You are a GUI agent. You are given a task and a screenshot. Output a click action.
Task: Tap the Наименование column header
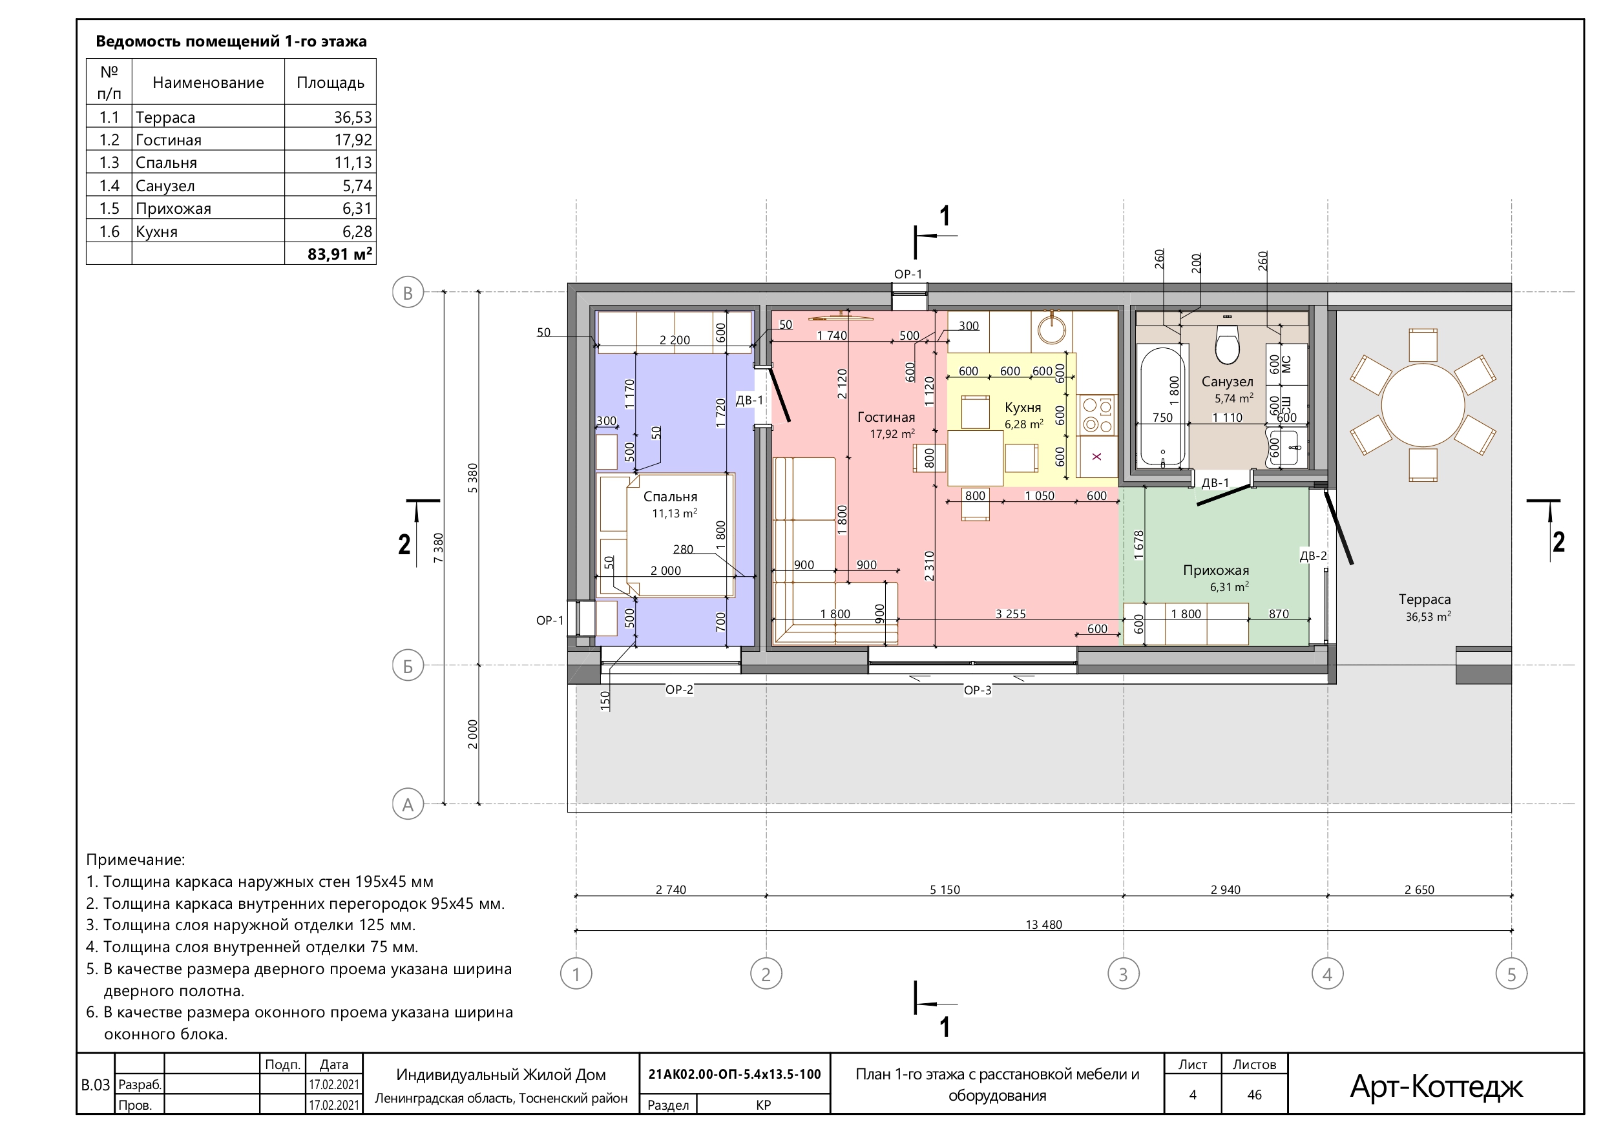pyautogui.click(x=208, y=83)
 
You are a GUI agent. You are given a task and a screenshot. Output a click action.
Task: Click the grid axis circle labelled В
pyautogui.click(x=408, y=293)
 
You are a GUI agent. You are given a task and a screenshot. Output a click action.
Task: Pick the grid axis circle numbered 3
pyautogui.click(x=1124, y=974)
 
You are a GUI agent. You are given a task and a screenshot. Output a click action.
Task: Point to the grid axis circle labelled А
pyautogui.click(x=408, y=804)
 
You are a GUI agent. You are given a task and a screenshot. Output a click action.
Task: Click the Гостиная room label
pyautogui.click(x=886, y=417)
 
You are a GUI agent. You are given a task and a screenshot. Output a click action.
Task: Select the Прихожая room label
pyautogui.click(x=1215, y=570)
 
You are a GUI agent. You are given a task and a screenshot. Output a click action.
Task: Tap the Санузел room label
pyautogui.click(x=1227, y=382)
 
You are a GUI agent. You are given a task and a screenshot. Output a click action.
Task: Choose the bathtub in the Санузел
pyautogui.click(x=1162, y=407)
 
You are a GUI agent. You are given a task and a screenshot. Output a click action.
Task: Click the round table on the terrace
pyautogui.click(x=1423, y=405)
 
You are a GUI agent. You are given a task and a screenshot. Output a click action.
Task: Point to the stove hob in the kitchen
pyautogui.click(x=1097, y=415)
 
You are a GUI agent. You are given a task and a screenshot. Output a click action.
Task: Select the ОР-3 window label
pyautogui.click(x=978, y=691)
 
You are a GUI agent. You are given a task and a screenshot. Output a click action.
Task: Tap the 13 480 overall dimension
pyautogui.click(x=1043, y=925)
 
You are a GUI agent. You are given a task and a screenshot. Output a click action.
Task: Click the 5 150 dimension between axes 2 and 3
pyautogui.click(x=945, y=890)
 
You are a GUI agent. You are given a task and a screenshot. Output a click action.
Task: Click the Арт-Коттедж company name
pyautogui.click(x=1436, y=1086)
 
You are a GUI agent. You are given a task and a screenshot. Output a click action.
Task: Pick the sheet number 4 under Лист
pyautogui.click(x=1193, y=1095)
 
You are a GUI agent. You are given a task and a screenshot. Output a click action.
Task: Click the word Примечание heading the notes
pyautogui.click(x=136, y=860)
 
